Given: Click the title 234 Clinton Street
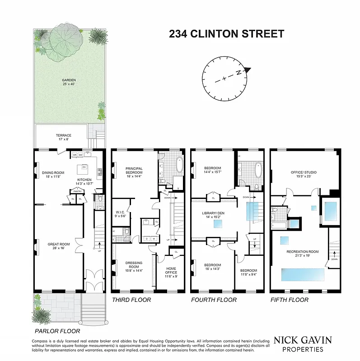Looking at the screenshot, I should pyautogui.click(x=226, y=34).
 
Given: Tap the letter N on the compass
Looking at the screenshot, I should pyautogui.click(x=247, y=70).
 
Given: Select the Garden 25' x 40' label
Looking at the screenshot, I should pyautogui.click(x=69, y=82).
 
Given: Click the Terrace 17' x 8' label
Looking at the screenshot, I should pyautogui.click(x=63, y=137).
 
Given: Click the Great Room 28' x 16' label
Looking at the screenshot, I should pyautogui.click(x=57, y=246).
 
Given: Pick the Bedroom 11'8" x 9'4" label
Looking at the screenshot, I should pyautogui.click(x=248, y=272).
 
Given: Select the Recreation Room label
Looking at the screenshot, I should pyautogui.click(x=303, y=254).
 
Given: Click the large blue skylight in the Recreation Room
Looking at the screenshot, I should pyautogui.click(x=303, y=274).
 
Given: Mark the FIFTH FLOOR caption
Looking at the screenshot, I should pyautogui.click(x=289, y=300).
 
